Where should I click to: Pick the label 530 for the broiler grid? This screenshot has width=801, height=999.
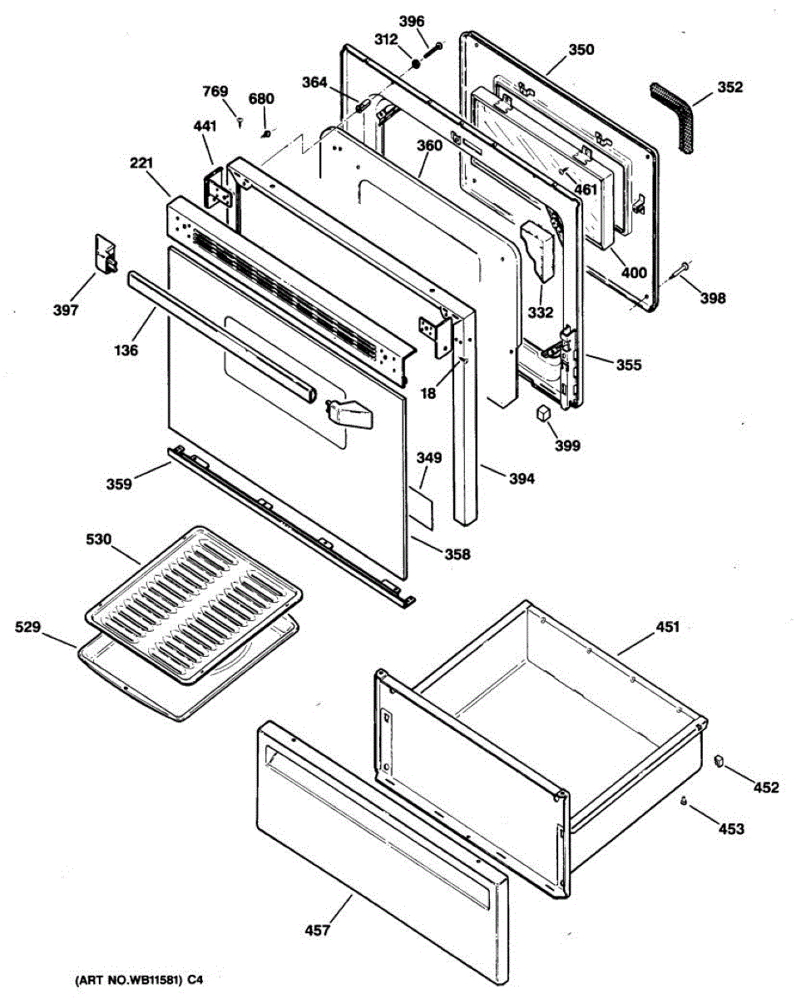[x=99, y=539]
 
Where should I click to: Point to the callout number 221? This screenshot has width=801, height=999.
[x=142, y=165]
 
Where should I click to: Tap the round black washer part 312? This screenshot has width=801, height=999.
[x=416, y=62]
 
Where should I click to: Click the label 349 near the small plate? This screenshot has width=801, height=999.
[x=429, y=458]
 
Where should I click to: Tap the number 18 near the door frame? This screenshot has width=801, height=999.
[x=428, y=394]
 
